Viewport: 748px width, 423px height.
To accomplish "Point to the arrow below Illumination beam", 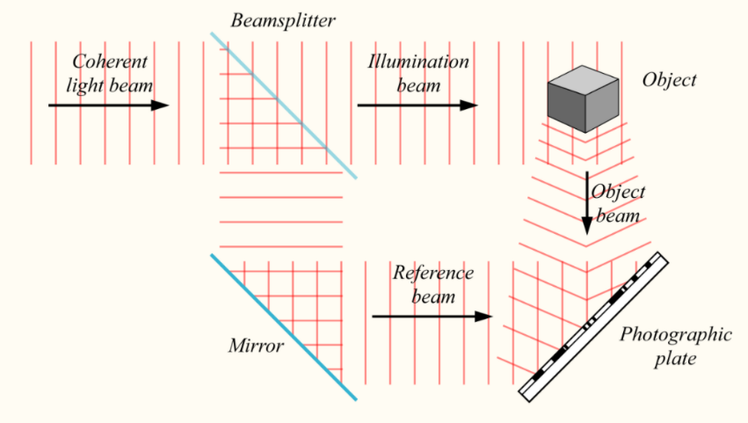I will tap(418, 106).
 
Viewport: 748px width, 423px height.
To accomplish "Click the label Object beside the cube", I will tap(669, 80).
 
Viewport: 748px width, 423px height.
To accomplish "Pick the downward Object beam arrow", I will tap(587, 202).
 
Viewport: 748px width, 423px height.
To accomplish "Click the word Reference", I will tap(432, 273).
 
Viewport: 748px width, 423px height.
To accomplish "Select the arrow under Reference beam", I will tap(431, 316).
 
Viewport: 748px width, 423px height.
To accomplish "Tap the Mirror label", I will tap(256, 346).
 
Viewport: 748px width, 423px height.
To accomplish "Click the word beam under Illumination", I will tap(418, 85).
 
